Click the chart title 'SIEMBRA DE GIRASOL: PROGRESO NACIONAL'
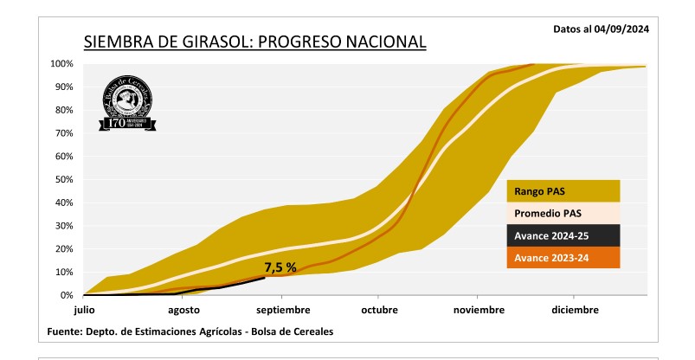254,42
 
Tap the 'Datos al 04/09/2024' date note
601,29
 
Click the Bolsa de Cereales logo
127,102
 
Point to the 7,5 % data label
280,267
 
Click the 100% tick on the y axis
61,64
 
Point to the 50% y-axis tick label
63,180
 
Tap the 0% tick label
66,295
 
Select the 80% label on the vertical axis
63,111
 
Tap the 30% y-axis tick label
63,226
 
